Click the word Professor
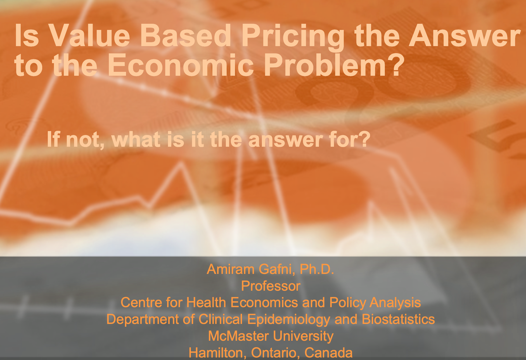click(271, 286)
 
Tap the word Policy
click(348, 303)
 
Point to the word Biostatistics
click(398, 319)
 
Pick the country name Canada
click(328, 353)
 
